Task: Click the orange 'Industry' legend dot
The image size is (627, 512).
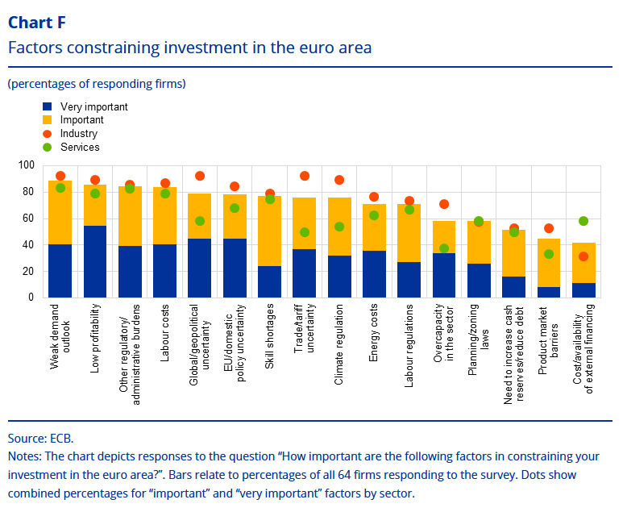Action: [x=48, y=134]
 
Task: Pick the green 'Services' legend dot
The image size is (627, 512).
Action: [x=48, y=148]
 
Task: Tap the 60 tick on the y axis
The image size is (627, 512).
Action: [x=28, y=219]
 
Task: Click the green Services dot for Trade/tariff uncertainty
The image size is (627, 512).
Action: [x=305, y=232]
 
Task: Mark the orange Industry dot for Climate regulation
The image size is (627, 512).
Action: [x=339, y=180]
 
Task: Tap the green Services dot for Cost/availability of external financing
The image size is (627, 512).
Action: [x=583, y=221]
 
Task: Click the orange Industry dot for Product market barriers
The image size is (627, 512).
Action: [x=549, y=229]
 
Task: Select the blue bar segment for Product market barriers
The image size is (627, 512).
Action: [x=549, y=293]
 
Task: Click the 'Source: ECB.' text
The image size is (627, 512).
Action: [x=40, y=439]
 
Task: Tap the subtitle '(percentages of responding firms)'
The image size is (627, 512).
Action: [x=97, y=83]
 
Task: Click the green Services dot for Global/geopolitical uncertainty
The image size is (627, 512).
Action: [x=200, y=221]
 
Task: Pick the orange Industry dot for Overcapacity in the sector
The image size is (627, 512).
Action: [x=444, y=204]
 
